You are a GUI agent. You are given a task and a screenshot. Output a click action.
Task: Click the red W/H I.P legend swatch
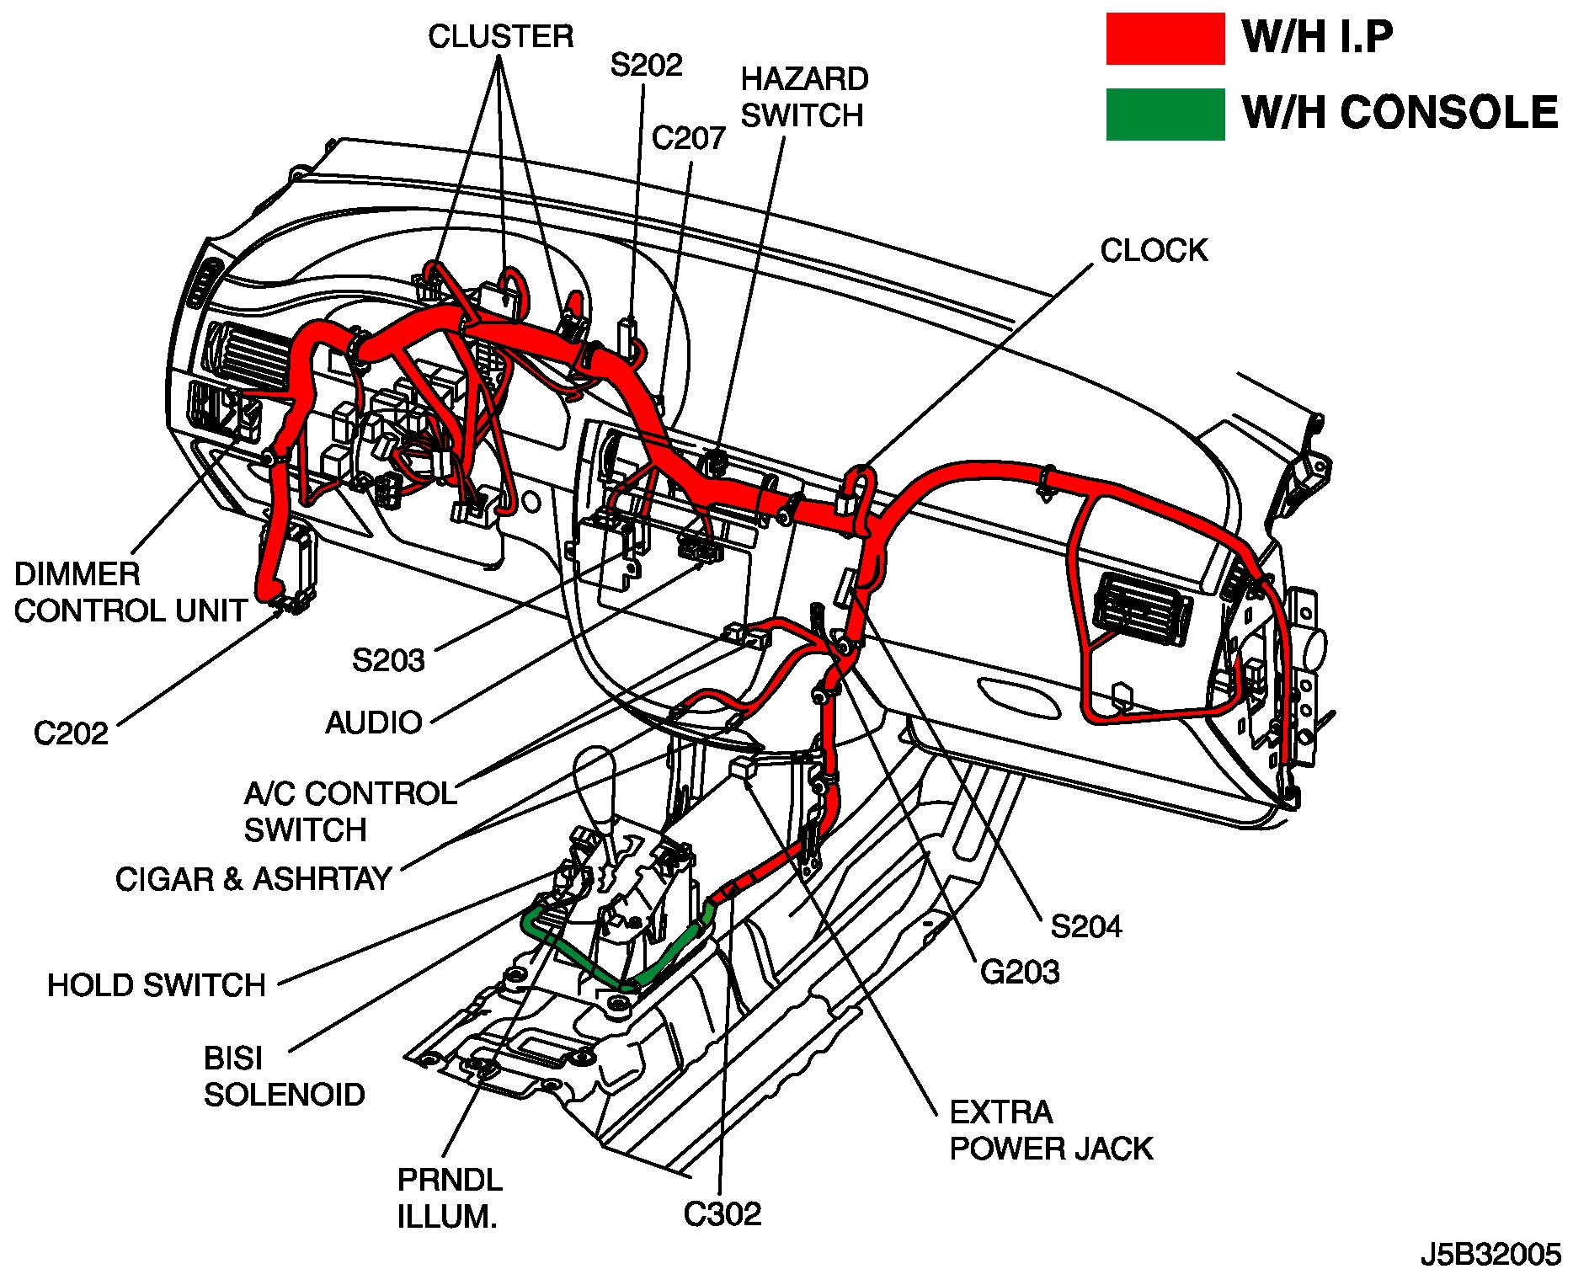click(1165, 39)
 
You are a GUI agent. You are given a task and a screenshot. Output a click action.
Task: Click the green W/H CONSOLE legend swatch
click(1165, 114)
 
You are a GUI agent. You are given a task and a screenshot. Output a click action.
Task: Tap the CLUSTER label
click(500, 36)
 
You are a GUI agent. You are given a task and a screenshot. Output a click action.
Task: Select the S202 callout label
click(646, 65)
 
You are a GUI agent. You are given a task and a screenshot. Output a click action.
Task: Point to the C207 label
click(688, 138)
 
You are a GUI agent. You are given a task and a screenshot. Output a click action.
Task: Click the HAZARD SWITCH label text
click(803, 97)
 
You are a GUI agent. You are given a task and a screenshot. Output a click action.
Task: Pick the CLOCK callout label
click(1154, 250)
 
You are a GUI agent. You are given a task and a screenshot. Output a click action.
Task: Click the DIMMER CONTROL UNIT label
click(131, 592)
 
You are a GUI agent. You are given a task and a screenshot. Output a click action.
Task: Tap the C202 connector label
click(71, 733)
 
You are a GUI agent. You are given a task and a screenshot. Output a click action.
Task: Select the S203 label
click(388, 660)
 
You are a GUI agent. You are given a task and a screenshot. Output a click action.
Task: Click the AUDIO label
click(374, 722)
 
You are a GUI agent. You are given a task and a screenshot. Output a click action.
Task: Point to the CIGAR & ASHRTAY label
click(253, 879)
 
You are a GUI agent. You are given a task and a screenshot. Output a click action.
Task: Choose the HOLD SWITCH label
click(157, 984)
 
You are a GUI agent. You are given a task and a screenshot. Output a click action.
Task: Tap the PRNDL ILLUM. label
click(450, 1197)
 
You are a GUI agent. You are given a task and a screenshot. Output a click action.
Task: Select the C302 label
click(722, 1213)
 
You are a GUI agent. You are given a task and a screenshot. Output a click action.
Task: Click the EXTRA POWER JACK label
click(1050, 1130)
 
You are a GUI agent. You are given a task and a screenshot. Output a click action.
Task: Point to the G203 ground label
click(1020, 972)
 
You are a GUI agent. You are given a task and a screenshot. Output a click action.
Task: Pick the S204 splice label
click(1086, 927)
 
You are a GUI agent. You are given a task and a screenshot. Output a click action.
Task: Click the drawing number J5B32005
click(1490, 1255)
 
